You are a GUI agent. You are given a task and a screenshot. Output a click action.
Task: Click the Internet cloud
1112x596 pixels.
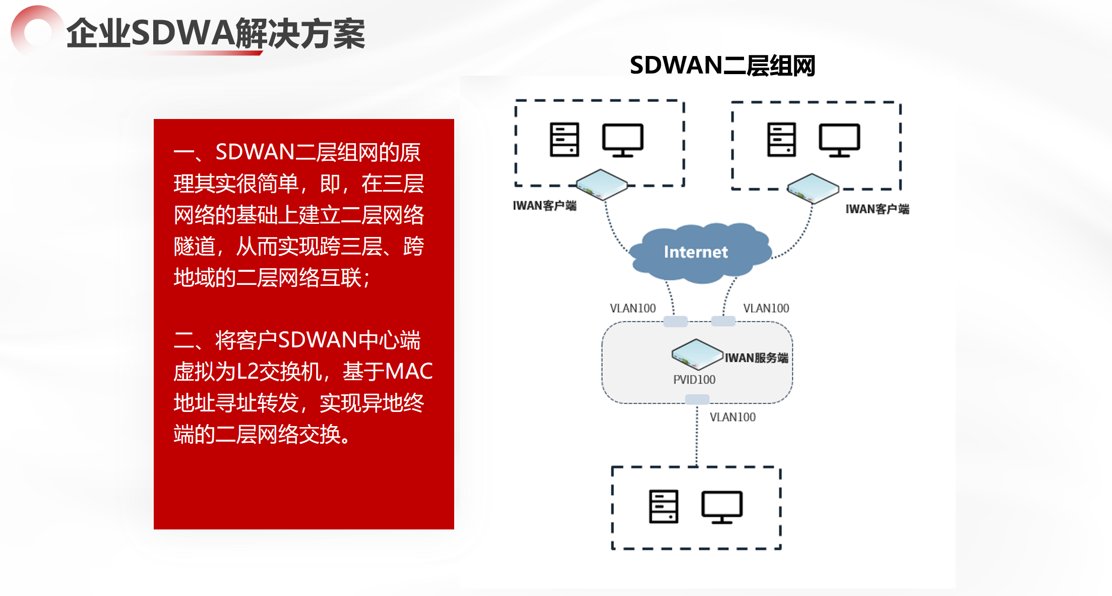698,252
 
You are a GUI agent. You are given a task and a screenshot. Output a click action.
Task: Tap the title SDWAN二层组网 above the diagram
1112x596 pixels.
722,66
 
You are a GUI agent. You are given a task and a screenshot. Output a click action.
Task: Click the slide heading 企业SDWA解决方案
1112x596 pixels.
216,34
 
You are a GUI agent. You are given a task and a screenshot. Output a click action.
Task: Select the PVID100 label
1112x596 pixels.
694,380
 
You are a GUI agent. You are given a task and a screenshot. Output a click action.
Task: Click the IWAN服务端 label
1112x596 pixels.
756,358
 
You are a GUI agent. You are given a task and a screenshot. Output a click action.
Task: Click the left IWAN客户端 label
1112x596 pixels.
544,206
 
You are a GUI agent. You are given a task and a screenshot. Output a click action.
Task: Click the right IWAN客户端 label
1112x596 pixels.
877,209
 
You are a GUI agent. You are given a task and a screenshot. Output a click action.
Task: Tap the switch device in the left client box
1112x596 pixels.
602,185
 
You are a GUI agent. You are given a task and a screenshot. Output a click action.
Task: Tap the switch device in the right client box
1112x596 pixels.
813,188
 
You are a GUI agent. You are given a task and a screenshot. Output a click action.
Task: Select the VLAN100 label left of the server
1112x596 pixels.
633,308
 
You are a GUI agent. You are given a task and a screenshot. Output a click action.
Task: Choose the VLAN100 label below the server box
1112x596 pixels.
732,417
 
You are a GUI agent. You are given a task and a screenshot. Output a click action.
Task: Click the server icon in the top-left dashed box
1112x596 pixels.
564,140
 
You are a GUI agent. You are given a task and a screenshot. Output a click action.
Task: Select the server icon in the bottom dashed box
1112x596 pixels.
663,507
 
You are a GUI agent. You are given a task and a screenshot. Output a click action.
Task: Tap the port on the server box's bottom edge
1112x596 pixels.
697,399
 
